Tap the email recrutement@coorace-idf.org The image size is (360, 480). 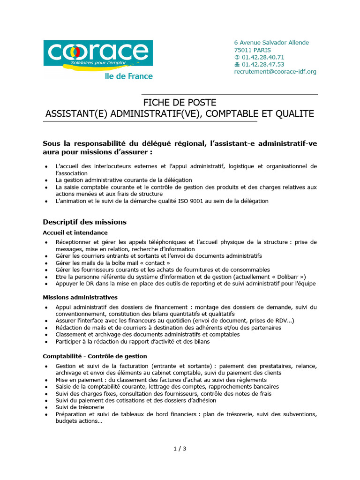(275, 72)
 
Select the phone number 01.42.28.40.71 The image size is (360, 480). (262, 57)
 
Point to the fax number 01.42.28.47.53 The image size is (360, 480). (262, 65)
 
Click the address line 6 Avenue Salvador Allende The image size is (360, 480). (271, 43)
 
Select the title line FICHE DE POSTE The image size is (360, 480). (180, 103)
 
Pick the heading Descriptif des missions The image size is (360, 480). (84, 222)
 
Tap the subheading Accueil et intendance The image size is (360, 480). (75, 232)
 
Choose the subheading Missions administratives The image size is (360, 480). (80, 297)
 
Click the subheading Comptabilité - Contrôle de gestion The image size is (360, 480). (95, 356)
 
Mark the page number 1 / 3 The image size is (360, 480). (180, 449)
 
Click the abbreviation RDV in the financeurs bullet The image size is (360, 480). (277, 321)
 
